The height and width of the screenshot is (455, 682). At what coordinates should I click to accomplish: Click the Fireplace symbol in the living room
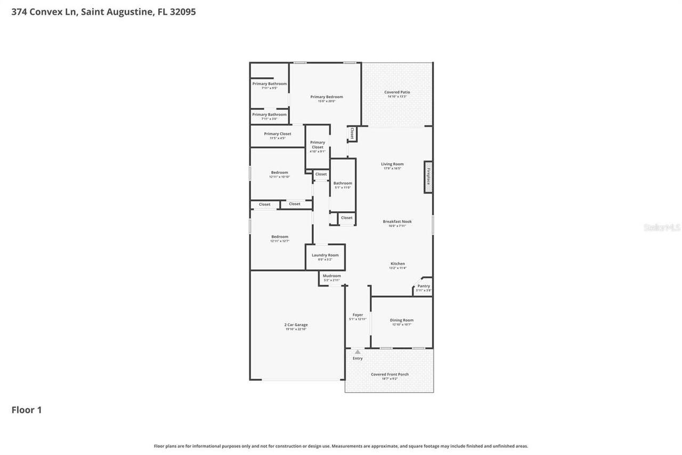pos(428,177)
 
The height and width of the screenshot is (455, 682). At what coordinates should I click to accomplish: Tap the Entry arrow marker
pos(358,352)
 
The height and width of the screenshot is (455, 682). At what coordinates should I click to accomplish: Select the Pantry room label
pos(424,286)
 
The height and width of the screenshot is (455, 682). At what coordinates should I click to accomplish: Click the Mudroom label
pos(331,276)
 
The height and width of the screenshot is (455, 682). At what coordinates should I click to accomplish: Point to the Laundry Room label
pos(325,255)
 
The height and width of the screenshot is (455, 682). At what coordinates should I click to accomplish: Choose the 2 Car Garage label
pos(296,325)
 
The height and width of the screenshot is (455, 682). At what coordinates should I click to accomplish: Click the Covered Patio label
pos(397,92)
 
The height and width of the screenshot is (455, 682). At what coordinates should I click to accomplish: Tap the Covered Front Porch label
pos(389,374)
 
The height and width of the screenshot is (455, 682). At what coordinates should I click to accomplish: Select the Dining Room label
pos(401,320)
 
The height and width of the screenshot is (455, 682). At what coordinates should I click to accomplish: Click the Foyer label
pos(358,315)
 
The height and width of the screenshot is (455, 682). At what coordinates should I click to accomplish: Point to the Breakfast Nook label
pos(397,221)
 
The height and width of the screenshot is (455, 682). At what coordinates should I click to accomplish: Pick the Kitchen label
pos(397,264)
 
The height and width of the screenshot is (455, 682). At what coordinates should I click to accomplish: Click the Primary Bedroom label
pos(327,97)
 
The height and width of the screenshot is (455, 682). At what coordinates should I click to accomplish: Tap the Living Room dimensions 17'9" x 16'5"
pos(392,169)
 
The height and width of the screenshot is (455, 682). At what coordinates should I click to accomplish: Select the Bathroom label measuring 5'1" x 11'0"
pos(343,183)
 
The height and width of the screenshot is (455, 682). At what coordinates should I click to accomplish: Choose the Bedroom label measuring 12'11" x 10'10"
pos(279,172)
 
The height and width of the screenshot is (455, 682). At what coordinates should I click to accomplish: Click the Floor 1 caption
pos(27,410)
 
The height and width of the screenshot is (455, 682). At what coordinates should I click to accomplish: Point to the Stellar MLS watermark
pos(662,227)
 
